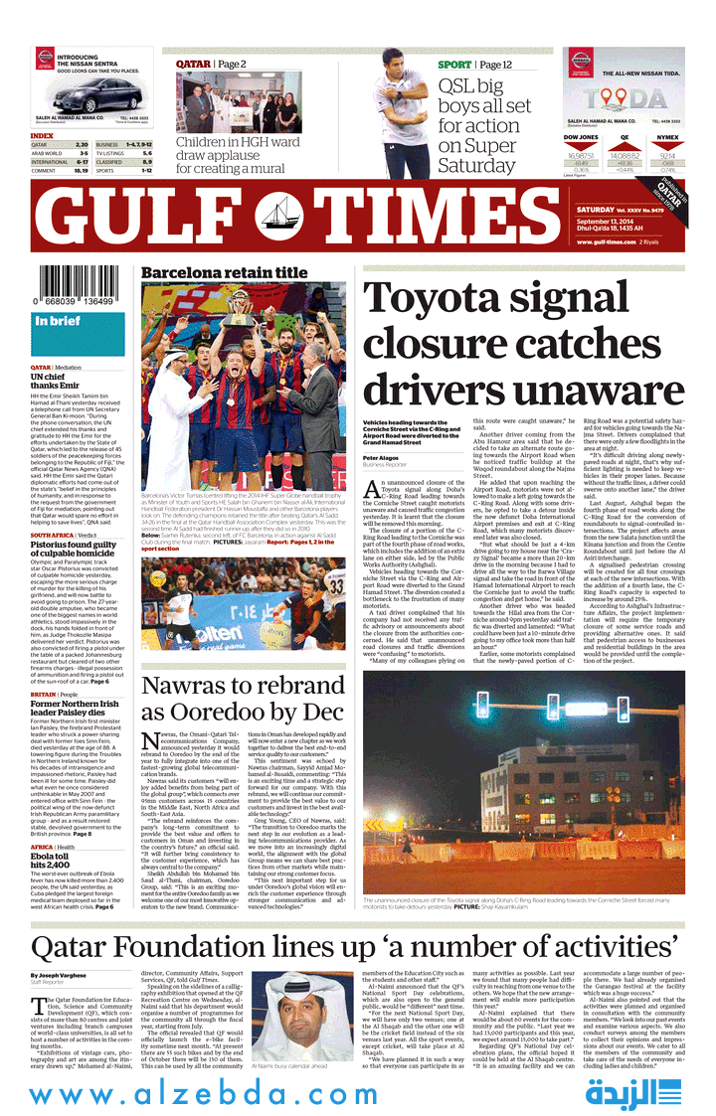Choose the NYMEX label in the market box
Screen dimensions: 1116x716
[668, 137]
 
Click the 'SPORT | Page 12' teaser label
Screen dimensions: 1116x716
[475, 65]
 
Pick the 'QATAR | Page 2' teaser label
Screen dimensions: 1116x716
[211, 65]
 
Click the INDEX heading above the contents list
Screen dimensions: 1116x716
[42, 135]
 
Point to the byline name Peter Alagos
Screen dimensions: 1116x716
[381, 457]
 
